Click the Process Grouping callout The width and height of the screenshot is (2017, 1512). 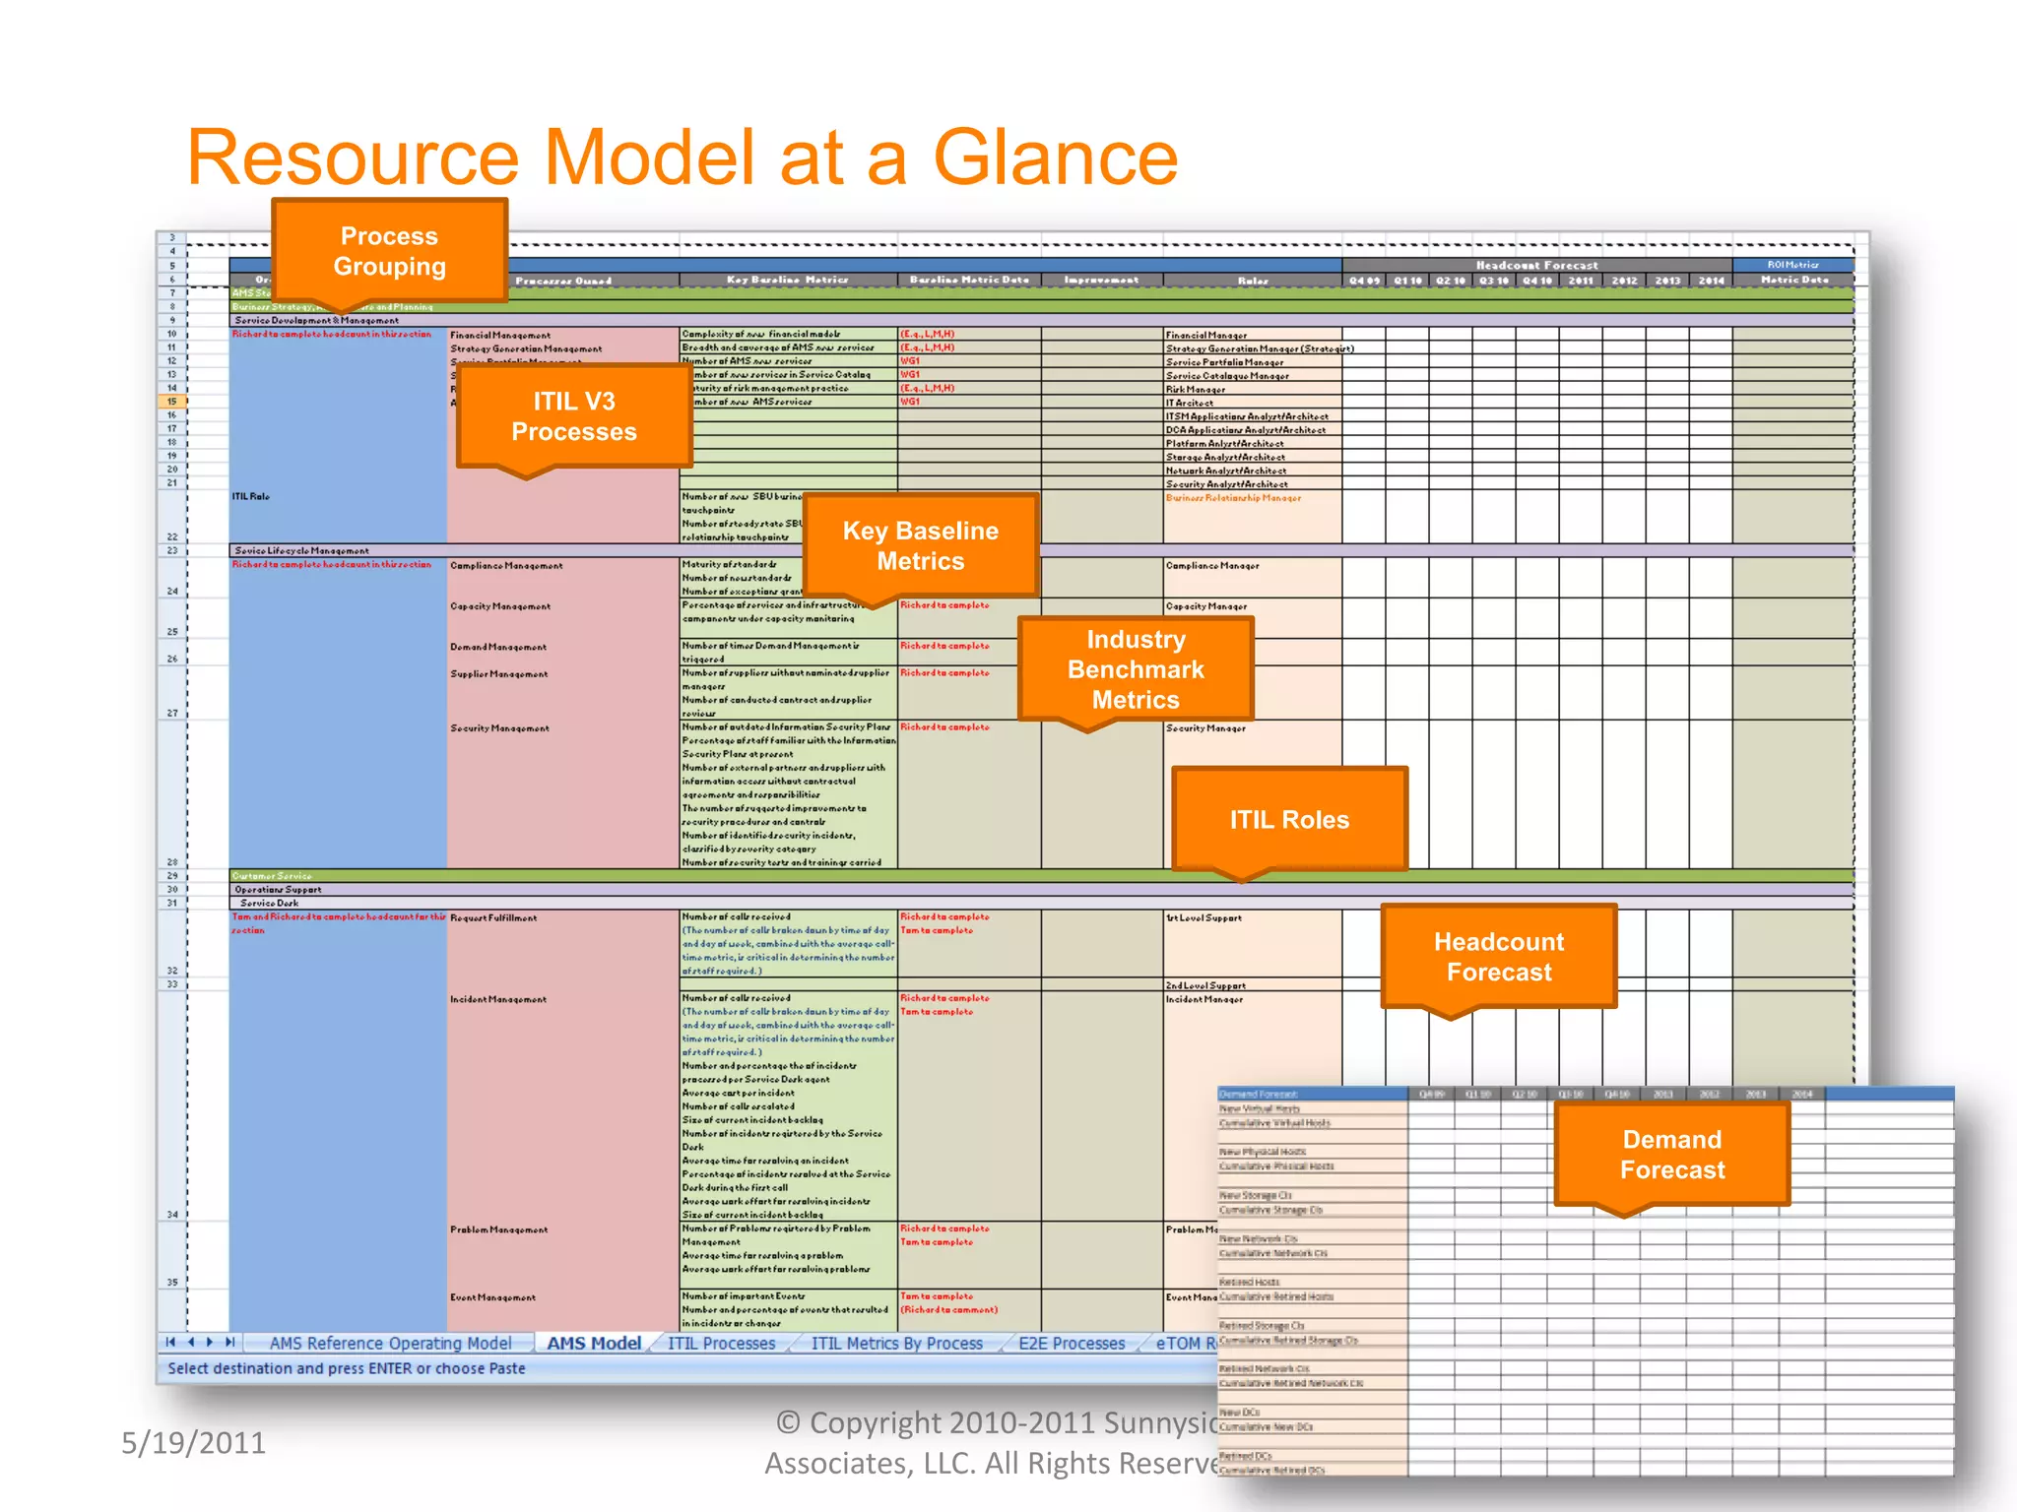pyautogui.click(x=389, y=251)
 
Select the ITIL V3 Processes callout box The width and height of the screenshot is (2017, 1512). pyautogui.click(x=574, y=416)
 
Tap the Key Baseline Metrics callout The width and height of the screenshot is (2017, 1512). pyautogui.click(x=921, y=545)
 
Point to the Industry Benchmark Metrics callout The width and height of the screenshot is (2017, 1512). pyautogui.click(x=1136, y=669)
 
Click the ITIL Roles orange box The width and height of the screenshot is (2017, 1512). pyautogui.click(x=1289, y=819)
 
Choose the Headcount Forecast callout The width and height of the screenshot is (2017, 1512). pyautogui.click(x=1498, y=956)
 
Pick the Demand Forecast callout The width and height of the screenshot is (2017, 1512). pyautogui.click(x=1672, y=1154)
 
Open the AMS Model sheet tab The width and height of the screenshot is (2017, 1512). pyautogui.click(x=594, y=1343)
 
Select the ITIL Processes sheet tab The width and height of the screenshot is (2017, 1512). pyautogui.click(x=721, y=1344)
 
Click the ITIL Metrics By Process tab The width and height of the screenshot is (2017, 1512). pyautogui.click(x=896, y=1344)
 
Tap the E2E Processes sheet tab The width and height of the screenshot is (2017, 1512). pyautogui.click(x=1072, y=1344)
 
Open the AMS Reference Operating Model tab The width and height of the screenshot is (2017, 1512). pyautogui.click(x=390, y=1344)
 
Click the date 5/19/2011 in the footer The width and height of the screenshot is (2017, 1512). pyautogui.click(x=193, y=1442)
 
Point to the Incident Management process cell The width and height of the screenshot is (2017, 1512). pyautogui.click(x=498, y=999)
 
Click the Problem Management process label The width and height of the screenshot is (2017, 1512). pyautogui.click(x=498, y=1229)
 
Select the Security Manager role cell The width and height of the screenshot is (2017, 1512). pyautogui.click(x=1205, y=728)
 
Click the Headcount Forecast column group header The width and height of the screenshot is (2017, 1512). pyautogui.click(x=1536, y=265)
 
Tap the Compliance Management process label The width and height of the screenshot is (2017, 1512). pyautogui.click(x=506, y=566)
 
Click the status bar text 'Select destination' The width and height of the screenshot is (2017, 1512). pyautogui.click(x=346, y=1368)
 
